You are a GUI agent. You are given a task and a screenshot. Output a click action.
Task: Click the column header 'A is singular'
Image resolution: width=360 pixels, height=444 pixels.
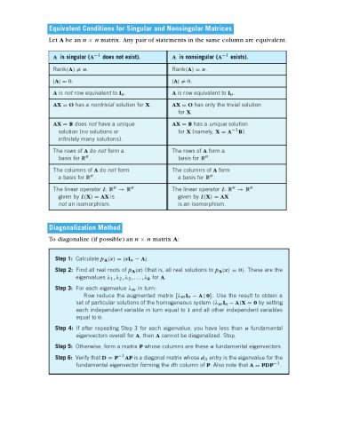tap(98, 57)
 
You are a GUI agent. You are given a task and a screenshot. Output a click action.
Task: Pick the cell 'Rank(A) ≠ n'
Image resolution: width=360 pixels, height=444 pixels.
tap(73, 68)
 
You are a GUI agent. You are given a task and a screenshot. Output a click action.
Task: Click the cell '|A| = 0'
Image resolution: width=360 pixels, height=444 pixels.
tap(62, 80)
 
